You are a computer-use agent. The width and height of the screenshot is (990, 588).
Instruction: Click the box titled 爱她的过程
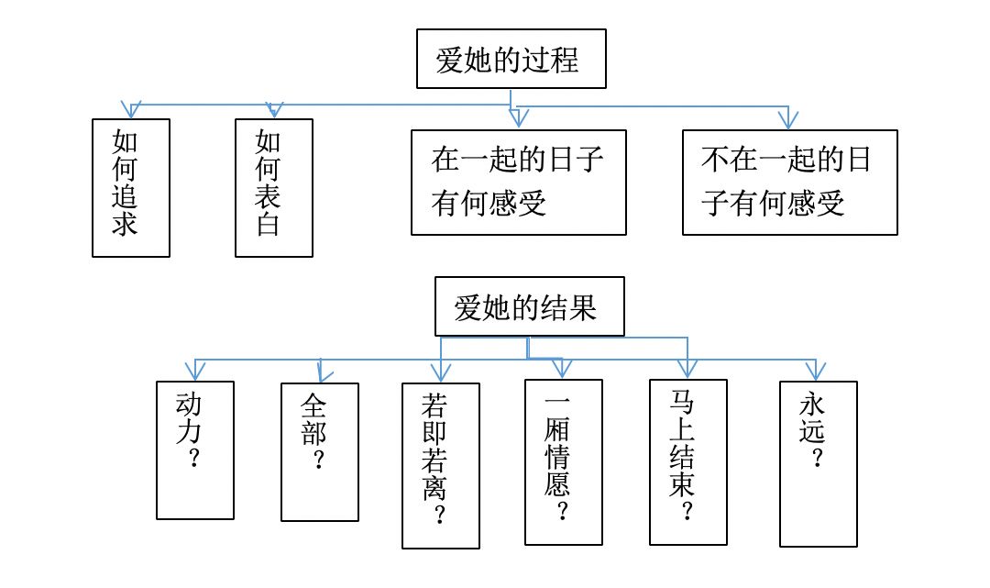point(511,59)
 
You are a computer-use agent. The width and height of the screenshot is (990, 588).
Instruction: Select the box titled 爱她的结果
point(529,306)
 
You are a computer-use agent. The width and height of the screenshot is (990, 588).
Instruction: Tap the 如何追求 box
point(131,187)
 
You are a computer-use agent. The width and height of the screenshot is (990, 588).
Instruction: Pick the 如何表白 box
point(273,187)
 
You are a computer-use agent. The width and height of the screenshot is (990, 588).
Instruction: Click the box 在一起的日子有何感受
point(518,183)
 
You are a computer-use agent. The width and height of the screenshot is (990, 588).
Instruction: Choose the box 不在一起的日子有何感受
point(789,183)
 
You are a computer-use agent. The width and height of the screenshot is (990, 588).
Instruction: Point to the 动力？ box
point(194,450)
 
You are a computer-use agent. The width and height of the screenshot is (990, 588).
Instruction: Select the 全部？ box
point(320,452)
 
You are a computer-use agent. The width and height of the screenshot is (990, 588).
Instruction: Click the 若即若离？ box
point(440,465)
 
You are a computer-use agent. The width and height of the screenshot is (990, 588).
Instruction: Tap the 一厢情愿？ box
point(563,462)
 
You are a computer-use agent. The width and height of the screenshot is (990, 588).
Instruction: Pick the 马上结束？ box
point(687,462)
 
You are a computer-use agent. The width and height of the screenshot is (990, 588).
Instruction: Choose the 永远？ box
point(818,463)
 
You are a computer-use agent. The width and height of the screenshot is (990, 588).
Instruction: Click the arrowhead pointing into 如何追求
point(131,110)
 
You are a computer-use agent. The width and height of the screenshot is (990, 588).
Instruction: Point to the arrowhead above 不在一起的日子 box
point(788,118)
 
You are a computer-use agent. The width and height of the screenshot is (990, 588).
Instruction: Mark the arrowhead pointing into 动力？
point(195,371)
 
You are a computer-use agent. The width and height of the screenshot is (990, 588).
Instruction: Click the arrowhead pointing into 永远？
point(816,371)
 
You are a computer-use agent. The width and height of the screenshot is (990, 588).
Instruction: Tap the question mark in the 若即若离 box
point(440,515)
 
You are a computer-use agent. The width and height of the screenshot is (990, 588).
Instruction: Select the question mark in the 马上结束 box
point(687,510)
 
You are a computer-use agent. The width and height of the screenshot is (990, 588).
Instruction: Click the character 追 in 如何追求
point(125,196)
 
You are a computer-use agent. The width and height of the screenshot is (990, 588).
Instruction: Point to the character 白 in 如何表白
point(268,224)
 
